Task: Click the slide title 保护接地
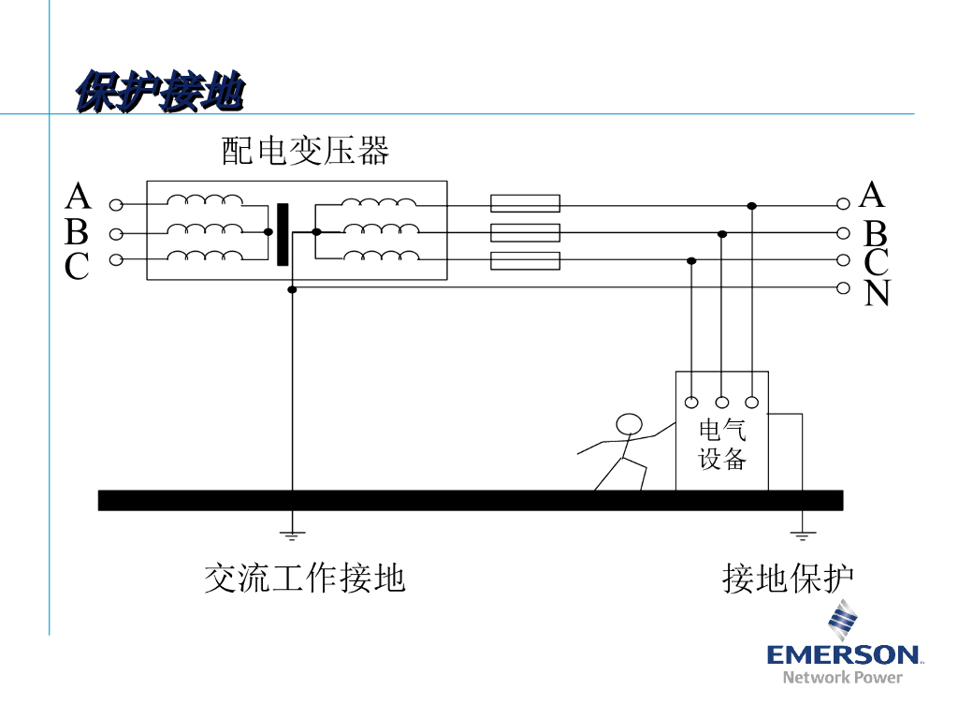click(160, 93)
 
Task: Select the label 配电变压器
click(305, 151)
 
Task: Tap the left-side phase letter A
click(79, 198)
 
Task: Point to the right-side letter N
click(877, 294)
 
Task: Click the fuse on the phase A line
click(525, 204)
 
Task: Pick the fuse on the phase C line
click(525, 260)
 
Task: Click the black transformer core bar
click(283, 234)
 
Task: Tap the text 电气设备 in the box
click(722, 445)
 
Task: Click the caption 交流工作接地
click(305, 578)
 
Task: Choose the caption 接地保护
click(788, 578)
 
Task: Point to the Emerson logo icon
click(842, 622)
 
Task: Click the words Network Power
click(842, 677)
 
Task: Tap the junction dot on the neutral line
click(293, 290)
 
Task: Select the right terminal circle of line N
click(843, 287)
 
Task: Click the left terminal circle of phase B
click(116, 233)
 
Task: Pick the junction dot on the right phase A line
click(751, 205)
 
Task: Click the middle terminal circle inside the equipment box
click(721, 403)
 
